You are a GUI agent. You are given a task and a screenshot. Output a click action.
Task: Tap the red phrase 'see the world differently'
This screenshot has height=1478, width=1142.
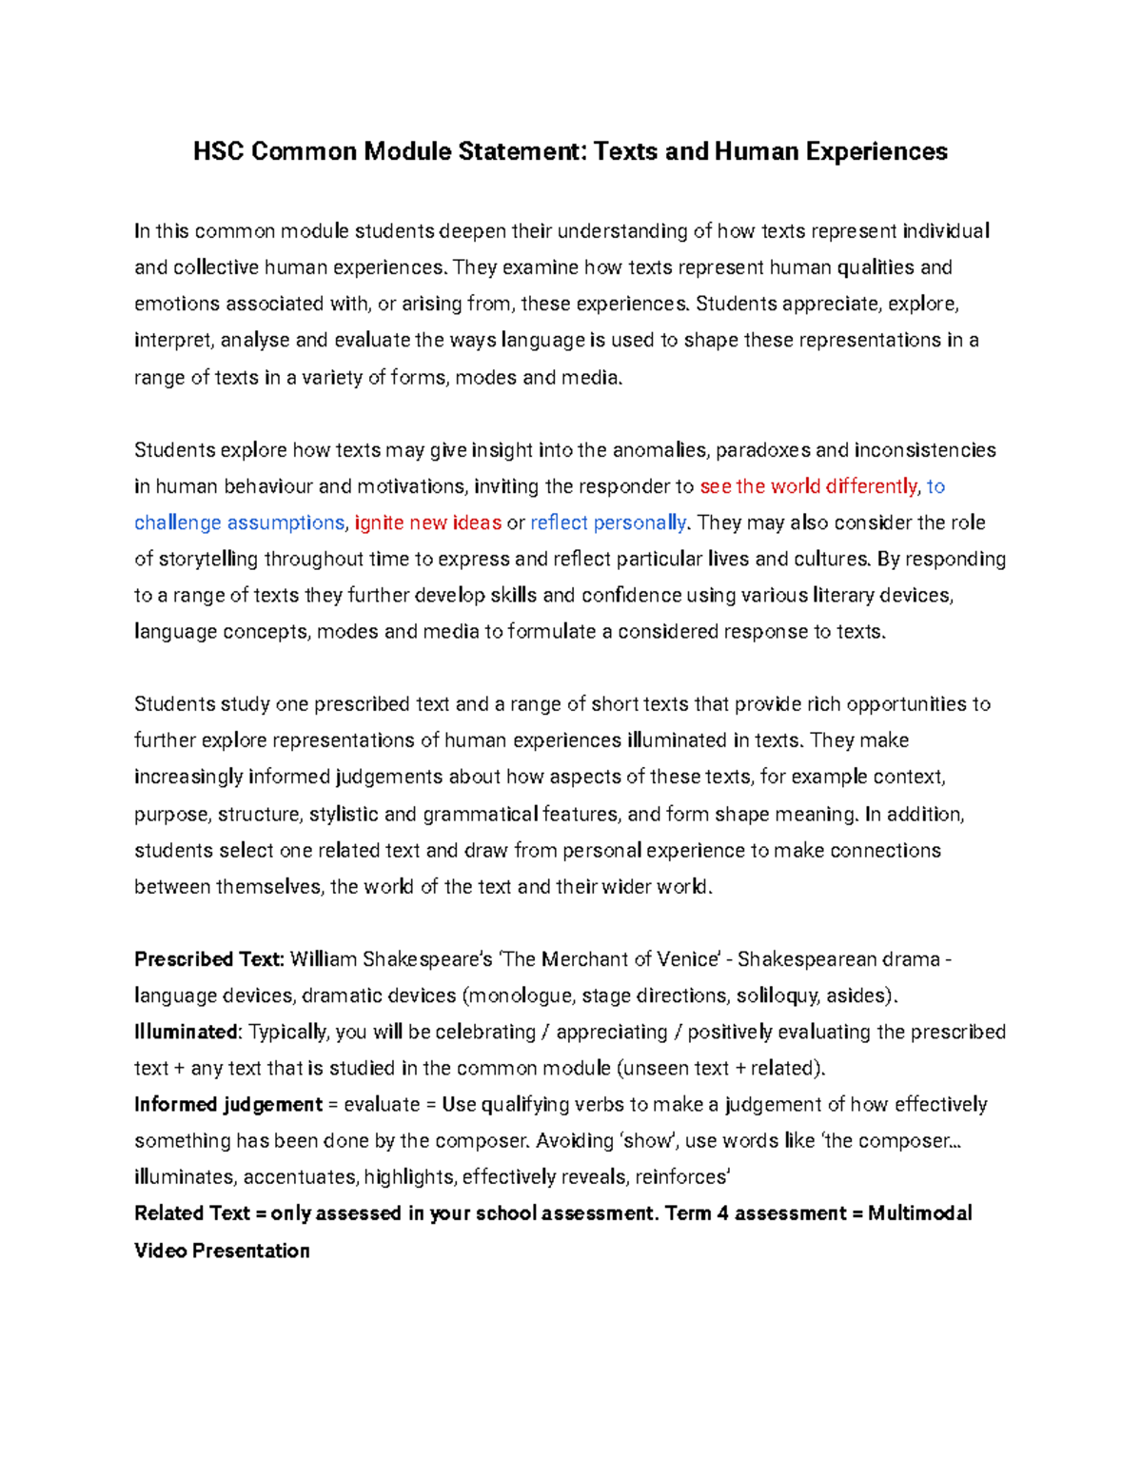coord(808,486)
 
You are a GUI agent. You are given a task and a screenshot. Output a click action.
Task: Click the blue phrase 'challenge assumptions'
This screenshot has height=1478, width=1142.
coord(239,522)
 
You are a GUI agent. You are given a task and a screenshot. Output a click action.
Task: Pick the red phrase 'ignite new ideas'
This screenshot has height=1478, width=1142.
coord(427,522)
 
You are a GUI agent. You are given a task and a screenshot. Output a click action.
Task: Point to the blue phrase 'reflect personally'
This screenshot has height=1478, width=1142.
coord(608,522)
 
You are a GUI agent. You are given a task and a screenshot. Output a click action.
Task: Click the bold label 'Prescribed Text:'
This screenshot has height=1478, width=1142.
coord(209,958)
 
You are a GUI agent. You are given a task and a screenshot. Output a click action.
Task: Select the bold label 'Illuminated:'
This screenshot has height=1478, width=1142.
coord(188,1032)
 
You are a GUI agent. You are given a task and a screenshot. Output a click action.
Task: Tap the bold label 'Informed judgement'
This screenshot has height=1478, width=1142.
coord(228,1104)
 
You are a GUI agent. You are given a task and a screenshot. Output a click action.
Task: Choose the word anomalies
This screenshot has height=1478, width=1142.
coord(660,450)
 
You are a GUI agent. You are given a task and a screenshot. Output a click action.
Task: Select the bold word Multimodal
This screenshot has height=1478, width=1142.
coord(919,1212)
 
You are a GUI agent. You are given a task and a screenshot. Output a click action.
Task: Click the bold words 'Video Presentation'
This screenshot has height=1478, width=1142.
coord(222,1250)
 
